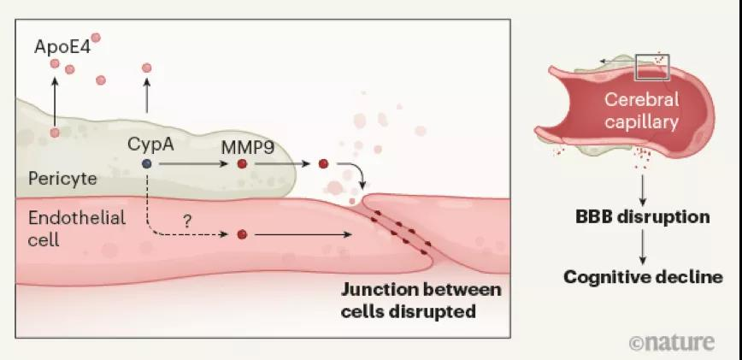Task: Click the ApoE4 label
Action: [x=62, y=45]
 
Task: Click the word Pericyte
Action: [x=61, y=178]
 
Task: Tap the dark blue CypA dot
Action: [x=147, y=162]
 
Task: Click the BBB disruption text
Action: [x=642, y=216]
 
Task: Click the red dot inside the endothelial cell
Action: [x=242, y=233]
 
